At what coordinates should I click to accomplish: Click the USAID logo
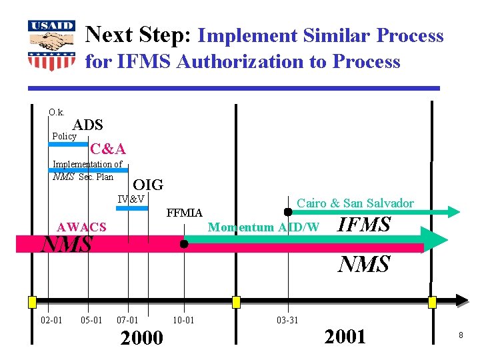pyautogui.click(x=51, y=45)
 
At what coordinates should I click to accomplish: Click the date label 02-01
pyautogui.click(x=51, y=321)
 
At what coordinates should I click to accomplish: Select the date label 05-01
pyautogui.click(x=91, y=321)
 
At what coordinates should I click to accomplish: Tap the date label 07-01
pyautogui.click(x=127, y=321)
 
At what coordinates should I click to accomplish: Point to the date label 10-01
pyautogui.click(x=183, y=321)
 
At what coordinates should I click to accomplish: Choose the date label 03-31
pyautogui.click(x=287, y=321)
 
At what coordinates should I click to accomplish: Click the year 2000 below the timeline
pyautogui.click(x=141, y=338)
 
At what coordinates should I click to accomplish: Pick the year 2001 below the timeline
pyautogui.click(x=345, y=337)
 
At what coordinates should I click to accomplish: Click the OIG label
pyautogui.click(x=148, y=185)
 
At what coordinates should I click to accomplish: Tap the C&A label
pyautogui.click(x=108, y=149)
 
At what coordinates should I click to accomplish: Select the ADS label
pyautogui.click(x=87, y=125)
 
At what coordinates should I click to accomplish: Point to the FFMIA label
pyautogui.click(x=185, y=213)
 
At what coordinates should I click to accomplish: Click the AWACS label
pyautogui.click(x=81, y=227)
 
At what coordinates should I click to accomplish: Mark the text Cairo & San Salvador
pyautogui.click(x=355, y=203)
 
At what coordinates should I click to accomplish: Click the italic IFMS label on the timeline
pyautogui.click(x=365, y=225)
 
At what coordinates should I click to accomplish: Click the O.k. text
pyautogui.click(x=56, y=112)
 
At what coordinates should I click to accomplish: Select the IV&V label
pyautogui.click(x=131, y=199)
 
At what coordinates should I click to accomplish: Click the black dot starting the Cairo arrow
pyautogui.click(x=288, y=212)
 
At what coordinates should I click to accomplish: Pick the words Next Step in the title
pyautogui.click(x=140, y=35)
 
